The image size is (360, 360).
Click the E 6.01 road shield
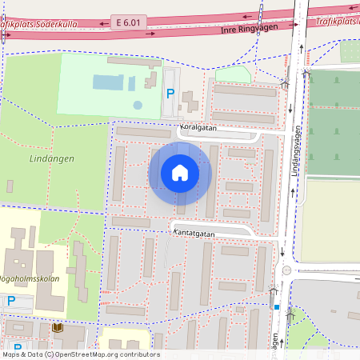pos(129,24)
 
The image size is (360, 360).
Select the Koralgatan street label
pos(198,127)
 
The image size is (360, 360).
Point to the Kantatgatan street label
pos(194,233)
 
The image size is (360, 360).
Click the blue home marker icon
pos(180,172)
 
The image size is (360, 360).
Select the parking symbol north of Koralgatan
pos(170,93)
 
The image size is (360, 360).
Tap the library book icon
pos(57,328)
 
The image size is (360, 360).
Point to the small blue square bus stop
pos(277,306)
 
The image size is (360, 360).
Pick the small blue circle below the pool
pos(138,105)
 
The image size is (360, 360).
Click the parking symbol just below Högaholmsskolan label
pos(10,301)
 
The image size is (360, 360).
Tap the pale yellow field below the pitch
pos(330,219)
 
